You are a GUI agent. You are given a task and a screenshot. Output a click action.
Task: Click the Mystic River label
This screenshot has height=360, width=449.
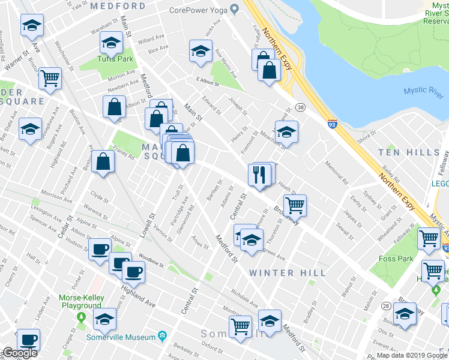tap(423, 91)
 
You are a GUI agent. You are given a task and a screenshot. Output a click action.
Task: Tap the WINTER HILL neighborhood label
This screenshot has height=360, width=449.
tap(280, 273)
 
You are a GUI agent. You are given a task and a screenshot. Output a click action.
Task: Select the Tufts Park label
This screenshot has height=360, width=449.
tap(115, 59)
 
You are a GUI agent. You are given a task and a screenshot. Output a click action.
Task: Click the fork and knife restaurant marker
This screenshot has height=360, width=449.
tap(259, 175)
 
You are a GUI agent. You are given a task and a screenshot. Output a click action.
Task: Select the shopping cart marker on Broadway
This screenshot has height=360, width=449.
tap(294, 205)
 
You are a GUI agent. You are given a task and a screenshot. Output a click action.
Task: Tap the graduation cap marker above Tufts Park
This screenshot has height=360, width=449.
tap(110, 42)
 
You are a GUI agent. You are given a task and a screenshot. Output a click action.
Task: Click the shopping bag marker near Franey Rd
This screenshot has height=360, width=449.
tap(103, 162)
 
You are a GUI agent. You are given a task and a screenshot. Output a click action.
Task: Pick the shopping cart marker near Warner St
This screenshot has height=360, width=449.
tap(50, 77)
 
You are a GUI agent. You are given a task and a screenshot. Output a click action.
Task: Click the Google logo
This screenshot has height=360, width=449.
tap(19, 353)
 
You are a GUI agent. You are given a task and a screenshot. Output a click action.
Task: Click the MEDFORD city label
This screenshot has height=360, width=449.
tap(117, 6)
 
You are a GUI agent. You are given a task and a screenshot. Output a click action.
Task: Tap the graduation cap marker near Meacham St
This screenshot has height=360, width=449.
tap(286, 133)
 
